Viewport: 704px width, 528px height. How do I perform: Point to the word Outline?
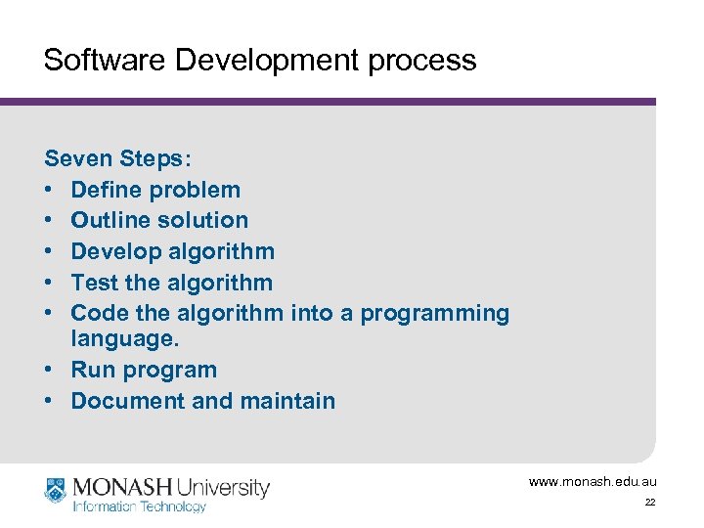(110, 220)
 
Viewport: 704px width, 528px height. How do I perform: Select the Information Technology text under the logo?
(139, 506)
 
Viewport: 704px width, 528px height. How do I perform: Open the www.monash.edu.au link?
(593, 482)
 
